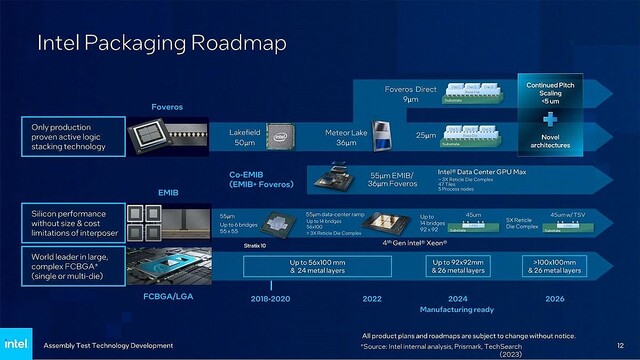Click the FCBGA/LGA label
[x=167, y=298]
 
